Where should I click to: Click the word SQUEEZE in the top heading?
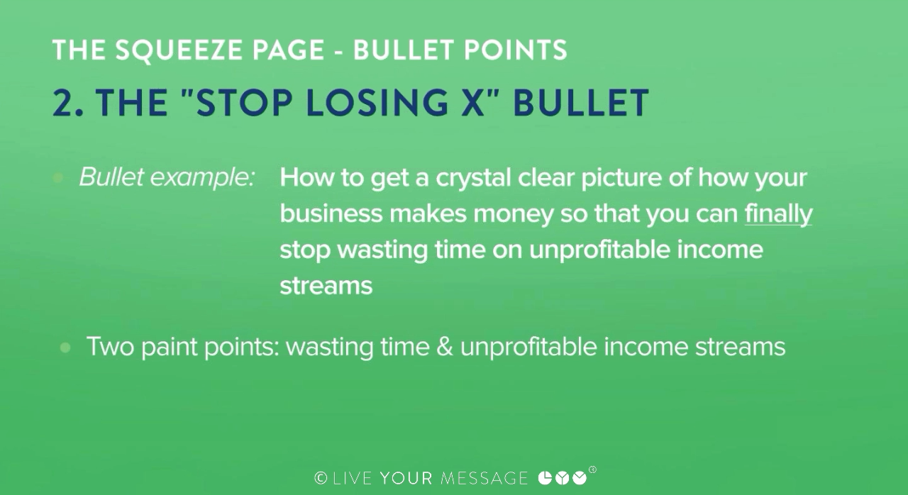pos(179,50)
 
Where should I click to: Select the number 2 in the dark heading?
pos(64,103)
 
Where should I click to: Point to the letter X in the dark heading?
pos(472,103)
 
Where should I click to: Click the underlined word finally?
pos(778,214)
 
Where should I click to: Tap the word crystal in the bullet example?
pos(473,178)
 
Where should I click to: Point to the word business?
pos(331,213)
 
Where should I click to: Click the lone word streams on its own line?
pos(326,286)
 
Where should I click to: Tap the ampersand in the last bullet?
pos(445,347)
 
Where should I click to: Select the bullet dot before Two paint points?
pos(65,347)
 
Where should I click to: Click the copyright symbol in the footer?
pos(321,478)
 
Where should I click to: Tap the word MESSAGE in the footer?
pos(484,479)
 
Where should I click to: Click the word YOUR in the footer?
pos(406,479)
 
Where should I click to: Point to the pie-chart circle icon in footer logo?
pos(545,479)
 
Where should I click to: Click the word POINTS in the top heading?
pos(515,50)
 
